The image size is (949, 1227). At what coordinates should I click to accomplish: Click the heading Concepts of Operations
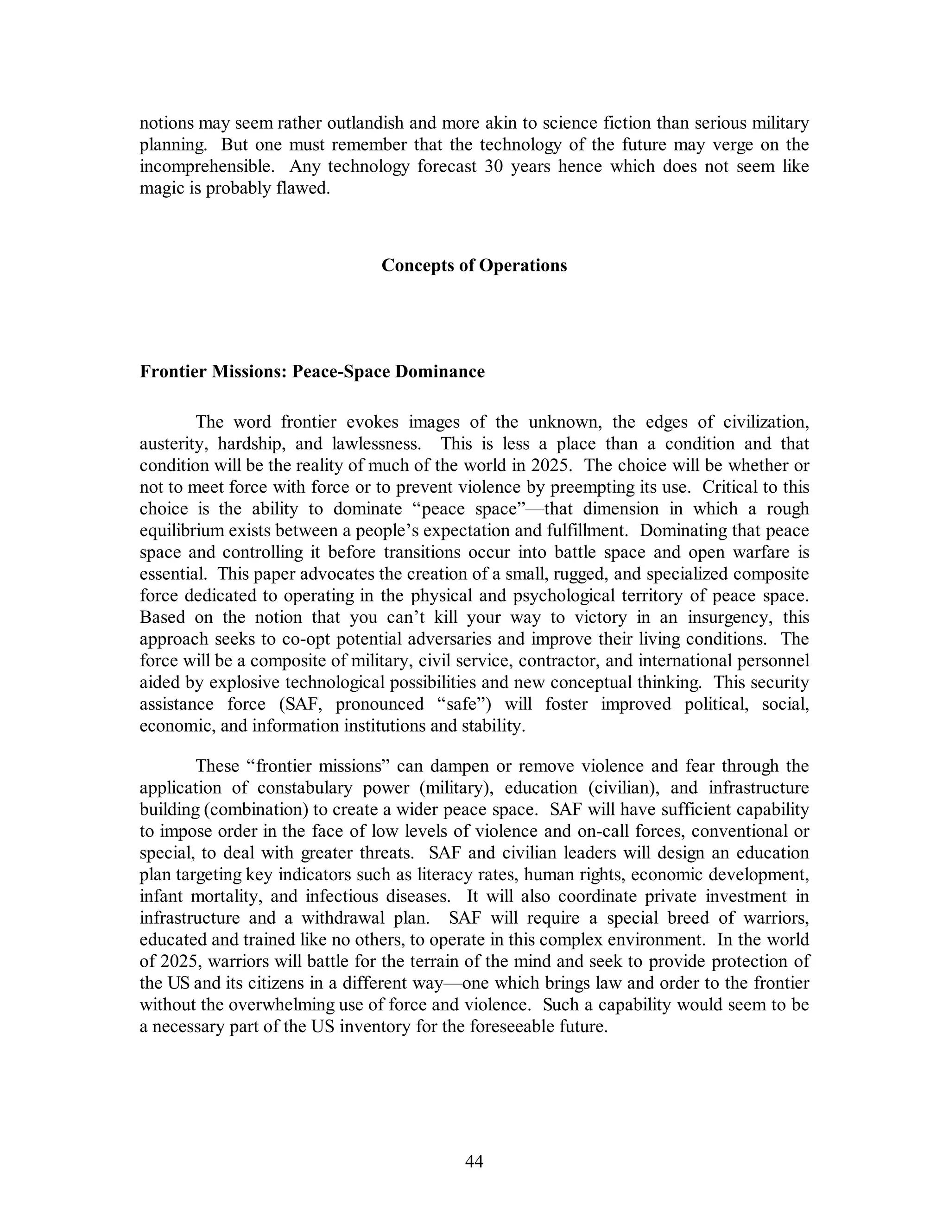click(x=474, y=265)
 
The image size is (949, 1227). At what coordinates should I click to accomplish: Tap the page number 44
click(x=474, y=1161)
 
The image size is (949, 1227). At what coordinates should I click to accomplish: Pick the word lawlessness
click(x=376, y=444)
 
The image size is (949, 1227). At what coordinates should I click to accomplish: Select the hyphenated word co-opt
click(x=295, y=639)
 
